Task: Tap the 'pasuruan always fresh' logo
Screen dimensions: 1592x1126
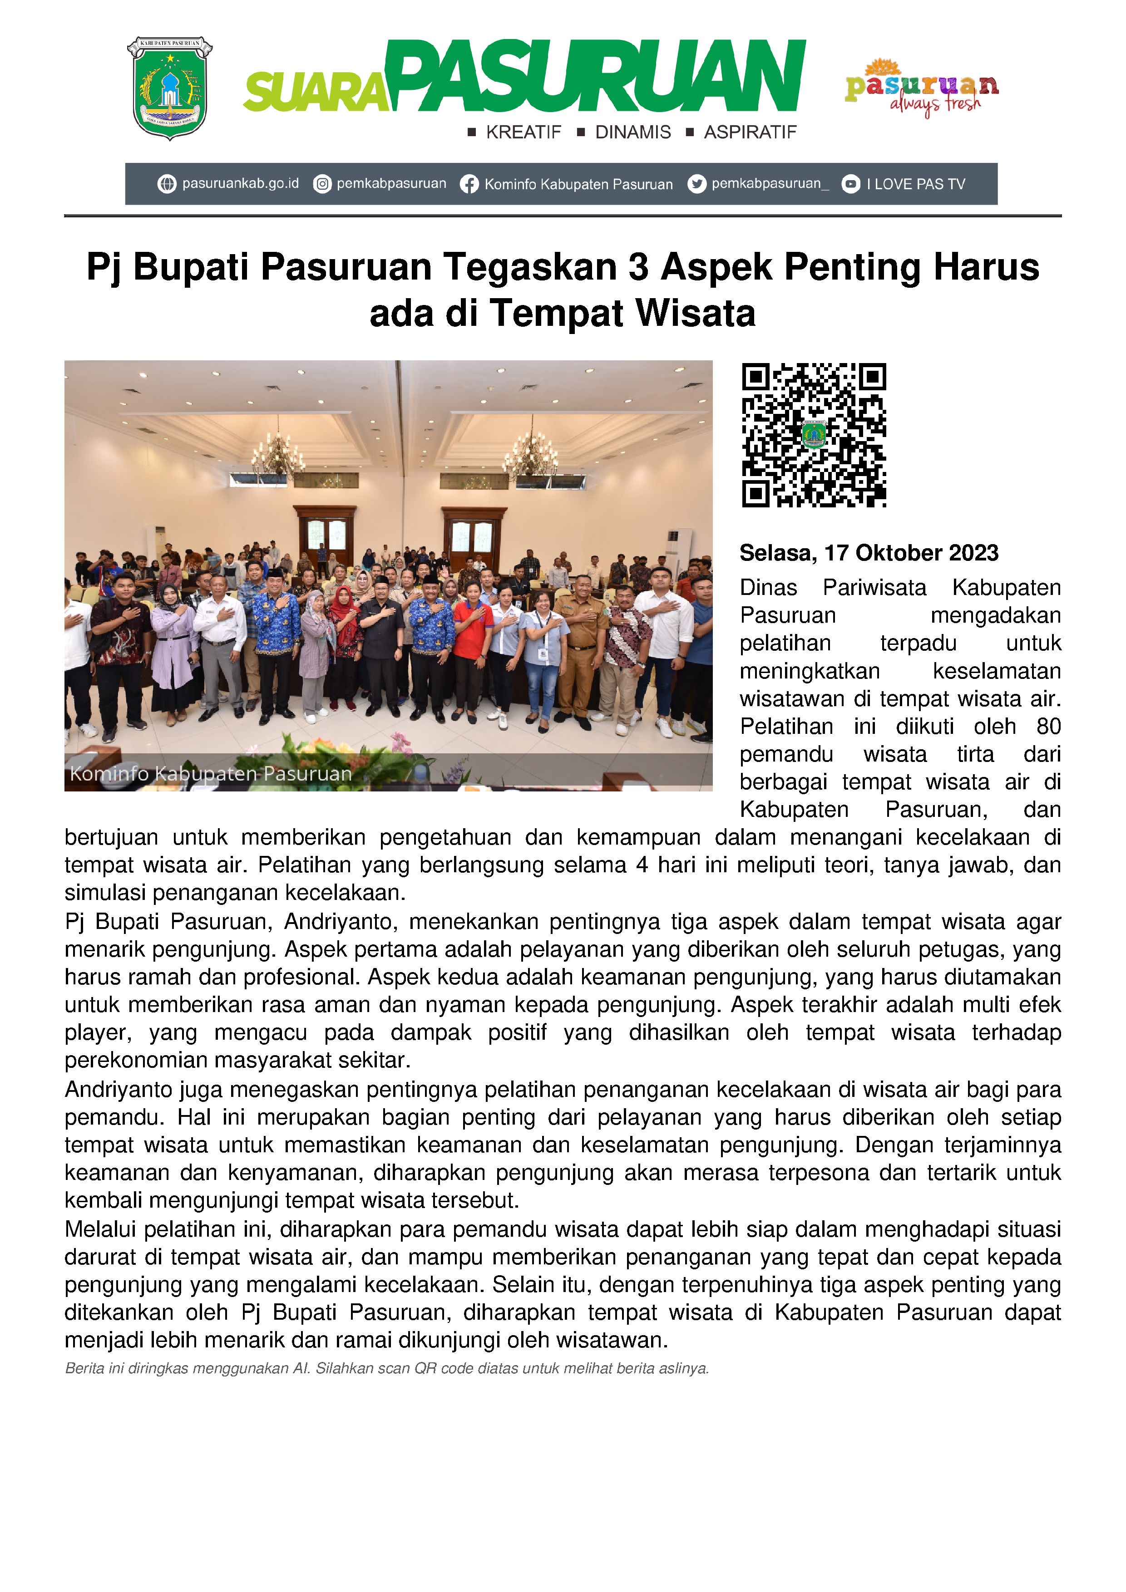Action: point(921,87)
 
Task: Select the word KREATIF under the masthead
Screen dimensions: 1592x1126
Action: point(523,133)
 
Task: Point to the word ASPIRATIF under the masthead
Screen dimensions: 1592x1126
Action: point(750,133)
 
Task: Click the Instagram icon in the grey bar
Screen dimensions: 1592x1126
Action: point(322,184)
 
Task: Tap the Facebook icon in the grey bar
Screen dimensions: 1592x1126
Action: point(469,184)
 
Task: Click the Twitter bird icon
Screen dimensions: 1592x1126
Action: point(696,184)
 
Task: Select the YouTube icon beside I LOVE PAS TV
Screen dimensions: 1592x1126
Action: point(850,184)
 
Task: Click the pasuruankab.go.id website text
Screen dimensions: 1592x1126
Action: point(240,184)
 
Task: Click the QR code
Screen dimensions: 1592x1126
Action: point(814,435)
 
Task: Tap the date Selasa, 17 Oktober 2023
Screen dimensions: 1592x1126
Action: point(869,553)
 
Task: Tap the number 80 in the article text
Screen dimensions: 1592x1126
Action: point(1048,726)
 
